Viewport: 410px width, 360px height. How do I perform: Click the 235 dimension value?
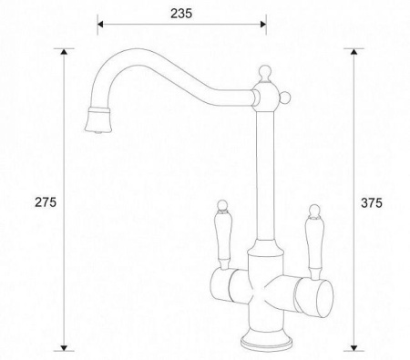click(x=181, y=14)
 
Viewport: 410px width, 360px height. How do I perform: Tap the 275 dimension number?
click(x=46, y=202)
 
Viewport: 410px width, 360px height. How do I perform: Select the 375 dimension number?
click(x=372, y=203)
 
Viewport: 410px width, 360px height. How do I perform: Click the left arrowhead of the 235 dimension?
click(x=100, y=25)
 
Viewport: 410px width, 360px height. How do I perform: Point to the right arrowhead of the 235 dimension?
click(x=263, y=25)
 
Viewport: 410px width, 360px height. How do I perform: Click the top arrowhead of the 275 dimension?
click(x=64, y=51)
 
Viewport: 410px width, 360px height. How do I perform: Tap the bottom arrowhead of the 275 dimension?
click(x=64, y=348)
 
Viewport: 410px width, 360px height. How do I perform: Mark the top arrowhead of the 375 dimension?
click(x=354, y=51)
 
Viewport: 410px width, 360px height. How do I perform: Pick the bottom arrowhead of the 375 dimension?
click(x=354, y=348)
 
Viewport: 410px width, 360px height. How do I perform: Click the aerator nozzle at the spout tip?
click(x=97, y=120)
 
